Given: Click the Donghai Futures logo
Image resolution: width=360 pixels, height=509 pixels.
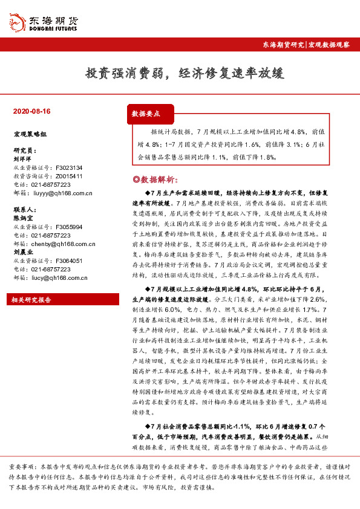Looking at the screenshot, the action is coord(46,22).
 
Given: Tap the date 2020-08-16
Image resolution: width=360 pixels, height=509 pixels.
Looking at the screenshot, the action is coord(31,112).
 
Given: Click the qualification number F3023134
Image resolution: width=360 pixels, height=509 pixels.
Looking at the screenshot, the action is coord(68,167).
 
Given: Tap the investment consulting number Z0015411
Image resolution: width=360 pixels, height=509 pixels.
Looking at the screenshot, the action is coord(68,176).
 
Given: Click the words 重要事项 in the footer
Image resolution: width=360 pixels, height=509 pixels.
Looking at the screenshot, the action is coord(21,468).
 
